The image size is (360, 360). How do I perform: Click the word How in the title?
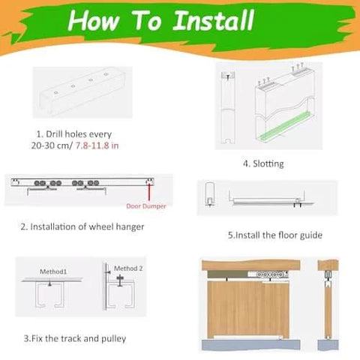point(96,21)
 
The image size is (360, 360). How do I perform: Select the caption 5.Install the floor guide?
point(274,235)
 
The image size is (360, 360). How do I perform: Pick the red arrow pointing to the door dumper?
point(150,192)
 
